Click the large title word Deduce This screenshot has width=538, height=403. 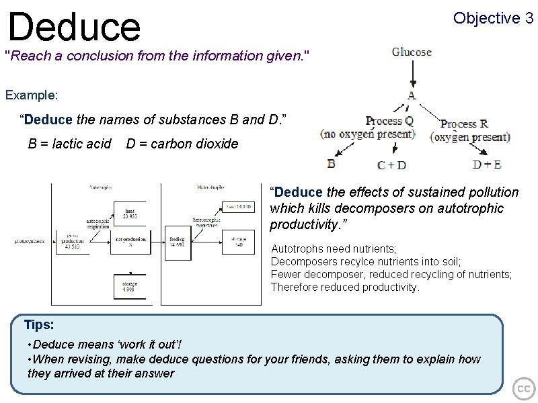pos(74,26)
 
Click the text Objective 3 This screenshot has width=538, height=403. pos(493,18)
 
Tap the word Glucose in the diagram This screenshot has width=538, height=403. pos(412,52)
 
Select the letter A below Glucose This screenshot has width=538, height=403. pos(412,95)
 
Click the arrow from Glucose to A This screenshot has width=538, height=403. pos(412,74)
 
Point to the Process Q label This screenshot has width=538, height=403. pos(385,122)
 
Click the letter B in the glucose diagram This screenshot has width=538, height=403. pos(331,163)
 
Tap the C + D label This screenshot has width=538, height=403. pos(391,165)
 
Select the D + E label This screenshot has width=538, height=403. pos(487,164)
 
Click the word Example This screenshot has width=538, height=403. pos(32,95)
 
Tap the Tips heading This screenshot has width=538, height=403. pos(38,325)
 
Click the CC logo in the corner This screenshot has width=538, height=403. pos(523,388)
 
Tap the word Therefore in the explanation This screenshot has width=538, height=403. pos(293,287)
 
